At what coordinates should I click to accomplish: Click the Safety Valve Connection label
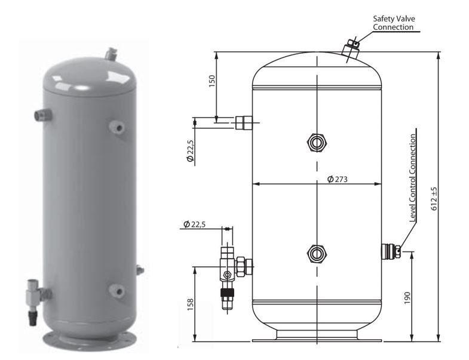coord(394,23)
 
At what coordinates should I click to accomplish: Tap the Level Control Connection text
coord(413,178)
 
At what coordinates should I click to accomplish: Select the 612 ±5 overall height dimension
coord(434,199)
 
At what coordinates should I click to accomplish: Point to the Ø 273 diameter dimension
coord(338,179)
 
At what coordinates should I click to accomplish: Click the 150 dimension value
coord(211,81)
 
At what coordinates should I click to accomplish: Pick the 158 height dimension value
coord(191,304)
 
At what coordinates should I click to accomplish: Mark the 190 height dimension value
coord(407,298)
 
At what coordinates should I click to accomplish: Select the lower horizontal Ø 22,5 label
coord(194,224)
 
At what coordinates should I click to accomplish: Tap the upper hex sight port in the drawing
coord(317,143)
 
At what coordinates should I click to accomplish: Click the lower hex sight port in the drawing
coord(317,254)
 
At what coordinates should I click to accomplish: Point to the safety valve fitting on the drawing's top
coord(351,49)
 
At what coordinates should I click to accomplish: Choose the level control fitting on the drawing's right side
coord(391,251)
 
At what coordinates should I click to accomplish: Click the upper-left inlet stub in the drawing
coord(244,122)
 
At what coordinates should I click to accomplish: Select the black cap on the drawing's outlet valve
coord(227,293)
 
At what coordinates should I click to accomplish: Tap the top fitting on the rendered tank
coord(111,54)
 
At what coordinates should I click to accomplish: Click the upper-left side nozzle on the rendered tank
coord(43,115)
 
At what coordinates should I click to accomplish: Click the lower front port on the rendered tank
coord(117,290)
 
